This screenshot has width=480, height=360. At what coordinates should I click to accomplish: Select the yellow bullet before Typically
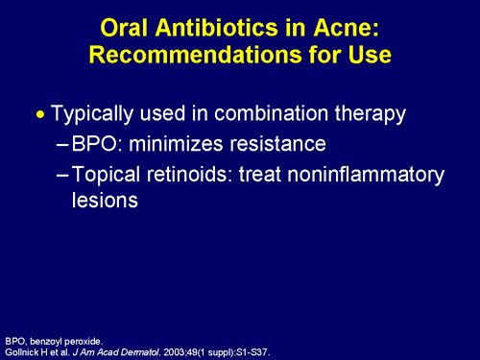point(39,113)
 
